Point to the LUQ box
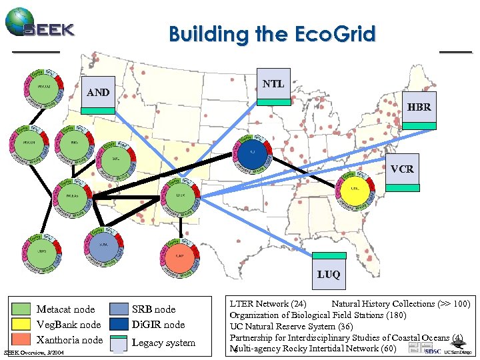coord(329,269)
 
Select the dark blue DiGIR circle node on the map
coord(253,151)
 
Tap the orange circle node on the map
coord(179,256)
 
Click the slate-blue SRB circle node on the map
coord(104,245)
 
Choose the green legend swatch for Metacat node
coord(22,309)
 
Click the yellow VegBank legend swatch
coord(22,325)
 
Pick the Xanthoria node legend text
coord(69,341)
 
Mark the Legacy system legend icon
coord(118,343)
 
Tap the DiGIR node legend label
coord(159,325)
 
